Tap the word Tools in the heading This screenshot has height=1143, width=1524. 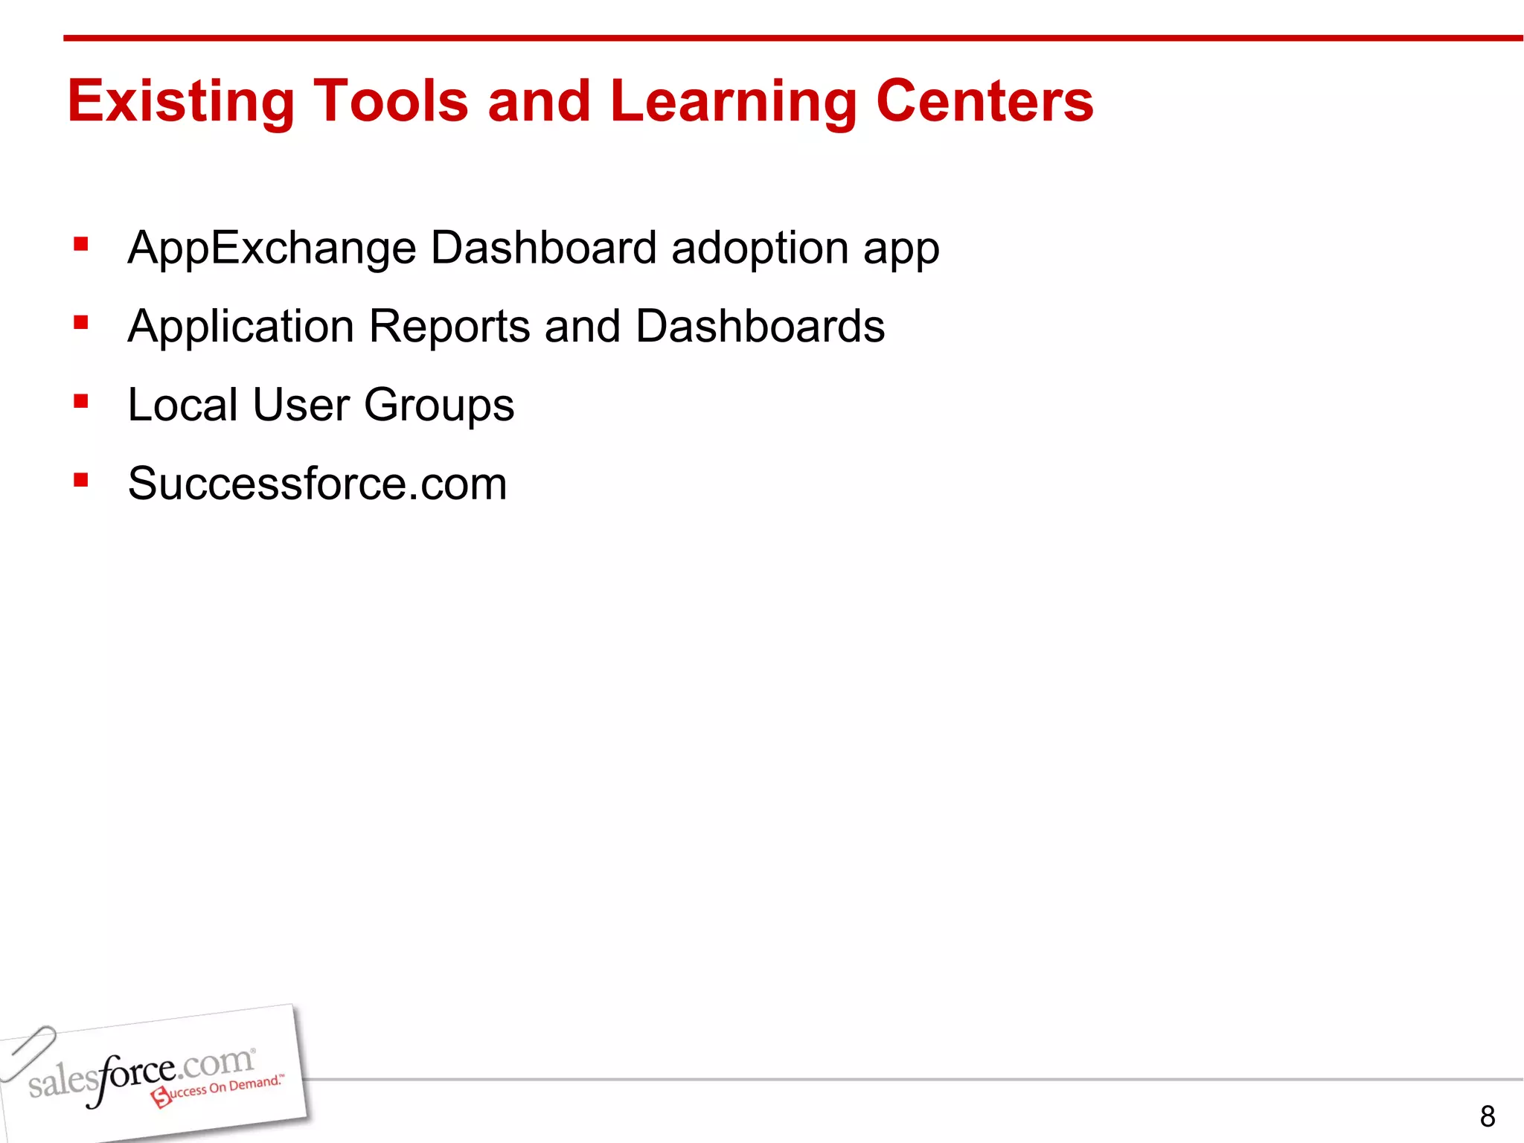(x=391, y=101)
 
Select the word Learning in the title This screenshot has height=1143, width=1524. (x=733, y=101)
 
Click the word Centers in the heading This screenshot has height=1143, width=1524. (x=984, y=101)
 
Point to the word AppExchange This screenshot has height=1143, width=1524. (x=272, y=248)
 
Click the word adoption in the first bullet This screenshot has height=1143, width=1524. (x=759, y=248)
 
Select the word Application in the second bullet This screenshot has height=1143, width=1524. (x=240, y=327)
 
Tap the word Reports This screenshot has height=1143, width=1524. (x=449, y=327)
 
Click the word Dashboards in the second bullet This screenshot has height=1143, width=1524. (x=760, y=327)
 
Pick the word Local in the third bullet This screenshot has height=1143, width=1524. (x=182, y=405)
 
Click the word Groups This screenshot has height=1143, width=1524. (x=439, y=405)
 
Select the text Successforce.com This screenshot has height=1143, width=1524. (x=317, y=484)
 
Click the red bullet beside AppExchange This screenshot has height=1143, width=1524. (x=81, y=244)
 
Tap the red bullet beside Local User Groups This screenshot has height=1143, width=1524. (x=81, y=402)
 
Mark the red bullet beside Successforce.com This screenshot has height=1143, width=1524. (x=81, y=480)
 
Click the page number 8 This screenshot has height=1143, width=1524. (x=1487, y=1116)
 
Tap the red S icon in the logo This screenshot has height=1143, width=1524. (x=161, y=1097)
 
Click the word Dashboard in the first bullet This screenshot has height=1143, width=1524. (x=543, y=248)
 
